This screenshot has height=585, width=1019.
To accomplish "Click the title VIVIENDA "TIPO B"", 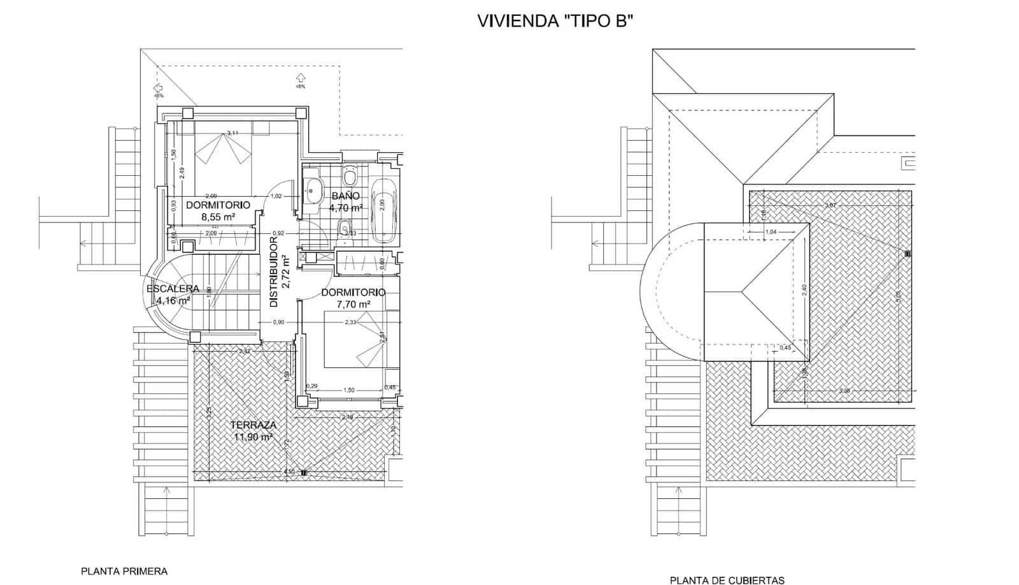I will tap(555, 21).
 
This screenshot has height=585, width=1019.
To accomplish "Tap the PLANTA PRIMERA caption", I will tap(124, 571).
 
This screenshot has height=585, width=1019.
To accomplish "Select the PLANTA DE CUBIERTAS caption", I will tap(727, 579).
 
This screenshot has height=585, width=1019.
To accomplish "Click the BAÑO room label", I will tap(346, 196).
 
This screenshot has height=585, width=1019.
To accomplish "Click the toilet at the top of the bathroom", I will tap(350, 175).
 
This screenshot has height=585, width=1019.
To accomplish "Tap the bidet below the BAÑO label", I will tap(345, 227).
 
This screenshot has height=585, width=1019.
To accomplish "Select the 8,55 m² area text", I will tap(218, 217).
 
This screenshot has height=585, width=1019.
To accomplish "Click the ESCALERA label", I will tap(173, 289).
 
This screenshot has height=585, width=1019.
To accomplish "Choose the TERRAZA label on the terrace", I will tap(253, 425).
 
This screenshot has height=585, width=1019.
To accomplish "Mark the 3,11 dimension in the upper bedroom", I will tap(232, 133).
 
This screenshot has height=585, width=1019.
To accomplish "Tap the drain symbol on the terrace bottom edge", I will tap(304, 472).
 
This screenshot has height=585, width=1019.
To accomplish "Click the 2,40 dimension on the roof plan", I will tap(804, 290).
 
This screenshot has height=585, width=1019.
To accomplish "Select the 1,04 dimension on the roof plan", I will tap(771, 232).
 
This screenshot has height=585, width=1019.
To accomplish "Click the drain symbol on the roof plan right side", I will tap(908, 254).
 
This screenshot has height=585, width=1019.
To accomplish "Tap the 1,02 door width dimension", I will tap(276, 196).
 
